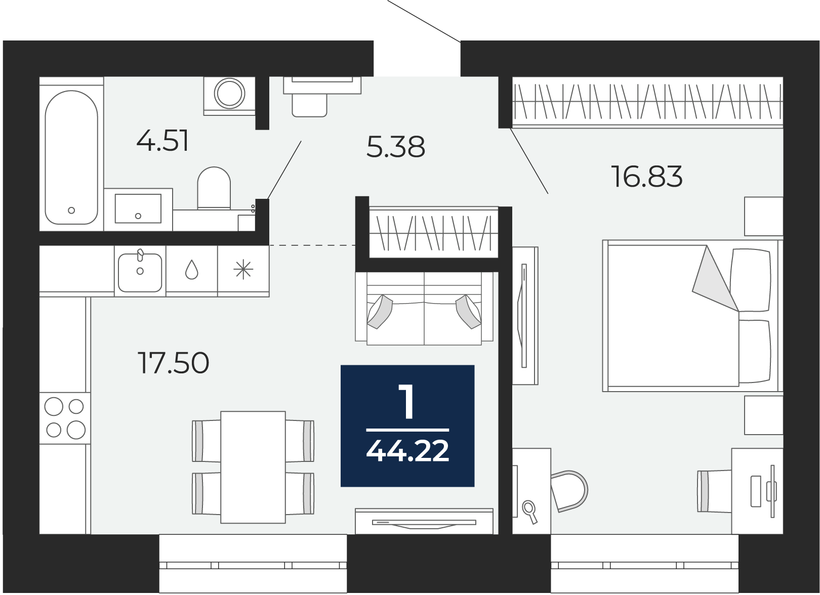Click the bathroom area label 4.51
(x=162, y=141)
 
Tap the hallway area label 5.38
(x=395, y=147)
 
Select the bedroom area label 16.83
(x=647, y=177)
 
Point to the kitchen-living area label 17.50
(x=173, y=363)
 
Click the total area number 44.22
(x=407, y=451)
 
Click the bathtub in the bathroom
(x=71, y=157)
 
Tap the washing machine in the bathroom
(x=229, y=94)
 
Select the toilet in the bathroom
(x=214, y=188)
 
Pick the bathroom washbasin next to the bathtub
(x=138, y=208)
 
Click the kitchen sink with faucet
(x=140, y=272)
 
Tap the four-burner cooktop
(x=65, y=418)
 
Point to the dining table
(x=253, y=466)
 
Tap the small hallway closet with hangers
(x=434, y=232)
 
